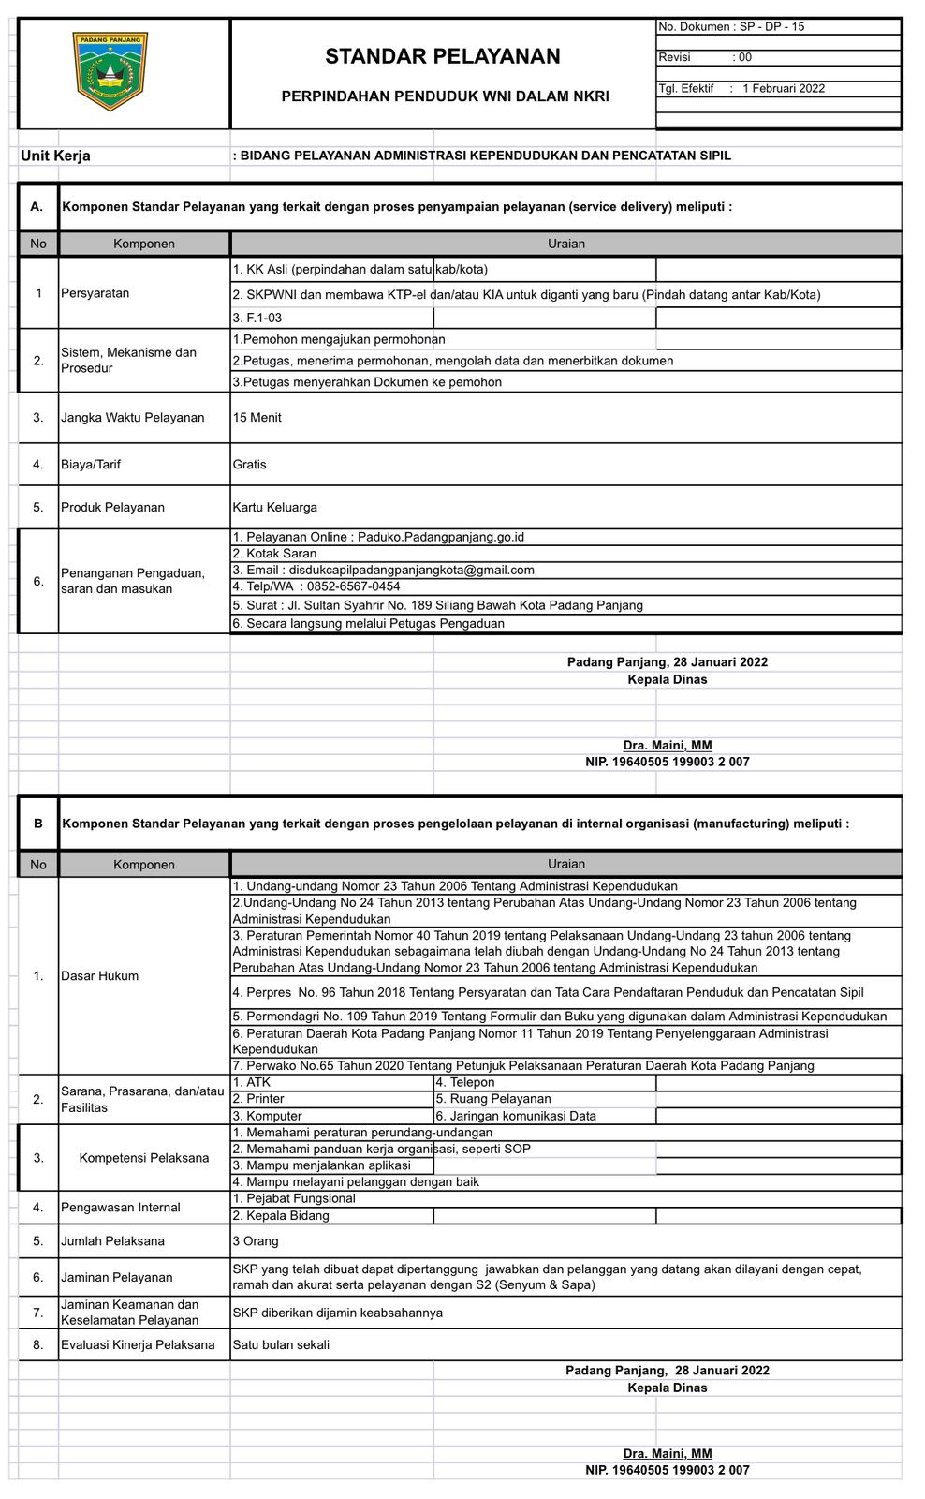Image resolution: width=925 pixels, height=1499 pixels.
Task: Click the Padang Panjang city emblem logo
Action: [x=110, y=71]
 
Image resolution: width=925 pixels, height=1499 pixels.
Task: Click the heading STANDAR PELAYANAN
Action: [x=443, y=56]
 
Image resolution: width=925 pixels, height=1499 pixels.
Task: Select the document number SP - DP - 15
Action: [x=771, y=27]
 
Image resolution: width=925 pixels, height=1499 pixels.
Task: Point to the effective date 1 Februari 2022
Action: [x=784, y=88]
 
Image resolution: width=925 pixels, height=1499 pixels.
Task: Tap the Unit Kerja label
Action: [x=55, y=156]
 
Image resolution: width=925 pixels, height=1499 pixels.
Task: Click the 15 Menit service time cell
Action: [x=257, y=418]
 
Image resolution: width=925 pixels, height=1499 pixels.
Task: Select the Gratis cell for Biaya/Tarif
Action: [x=250, y=465]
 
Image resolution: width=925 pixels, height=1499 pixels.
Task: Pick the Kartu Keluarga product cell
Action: [x=275, y=508]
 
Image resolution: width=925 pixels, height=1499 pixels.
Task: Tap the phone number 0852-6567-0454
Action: [x=353, y=586]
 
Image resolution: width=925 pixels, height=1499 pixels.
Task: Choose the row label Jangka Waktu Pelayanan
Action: [x=132, y=418]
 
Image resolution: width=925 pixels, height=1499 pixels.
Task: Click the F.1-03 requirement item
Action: [x=257, y=319]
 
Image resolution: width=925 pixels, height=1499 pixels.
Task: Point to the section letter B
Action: [x=38, y=824]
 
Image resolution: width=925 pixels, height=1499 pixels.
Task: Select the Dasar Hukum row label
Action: [x=99, y=976]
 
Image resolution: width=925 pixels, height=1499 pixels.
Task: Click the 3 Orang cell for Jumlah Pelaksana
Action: [x=256, y=1241]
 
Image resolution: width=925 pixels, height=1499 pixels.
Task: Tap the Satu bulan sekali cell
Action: [x=281, y=1345]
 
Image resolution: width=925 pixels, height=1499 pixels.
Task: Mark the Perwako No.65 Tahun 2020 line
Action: [x=523, y=1066]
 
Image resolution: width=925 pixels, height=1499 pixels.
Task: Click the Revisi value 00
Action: [x=745, y=57]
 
